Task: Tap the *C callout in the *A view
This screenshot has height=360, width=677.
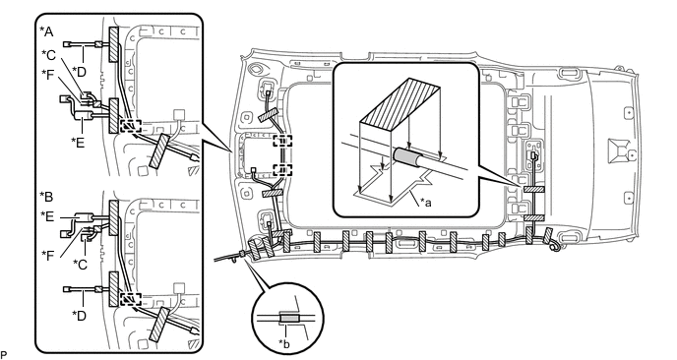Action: click(49, 56)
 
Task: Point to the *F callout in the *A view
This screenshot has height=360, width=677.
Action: click(48, 72)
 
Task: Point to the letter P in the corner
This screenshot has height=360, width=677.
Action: click(4, 351)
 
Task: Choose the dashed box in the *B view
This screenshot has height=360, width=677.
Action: click(130, 297)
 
